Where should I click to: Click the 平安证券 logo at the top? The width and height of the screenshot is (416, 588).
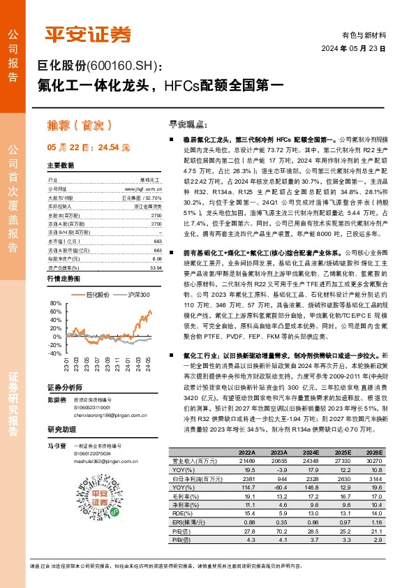[x=87, y=34]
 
